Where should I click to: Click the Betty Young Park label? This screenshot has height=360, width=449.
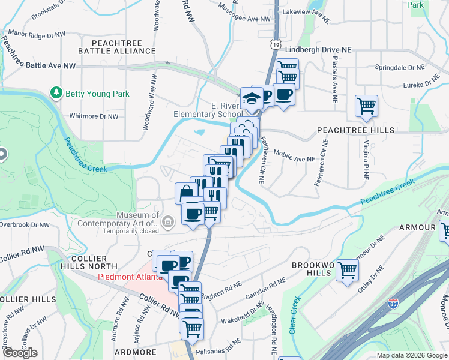[x=97, y=94]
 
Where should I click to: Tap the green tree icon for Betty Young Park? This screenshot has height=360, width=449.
[x=56, y=93]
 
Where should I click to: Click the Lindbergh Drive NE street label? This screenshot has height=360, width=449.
[x=318, y=49]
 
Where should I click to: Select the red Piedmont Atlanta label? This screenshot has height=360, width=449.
[x=130, y=277]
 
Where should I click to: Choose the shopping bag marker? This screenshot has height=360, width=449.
[x=186, y=193]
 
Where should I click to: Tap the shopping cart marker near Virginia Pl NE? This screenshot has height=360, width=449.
[x=366, y=106]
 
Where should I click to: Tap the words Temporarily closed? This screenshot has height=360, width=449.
[x=131, y=230]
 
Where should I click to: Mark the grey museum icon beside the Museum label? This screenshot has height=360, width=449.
[x=169, y=223]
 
